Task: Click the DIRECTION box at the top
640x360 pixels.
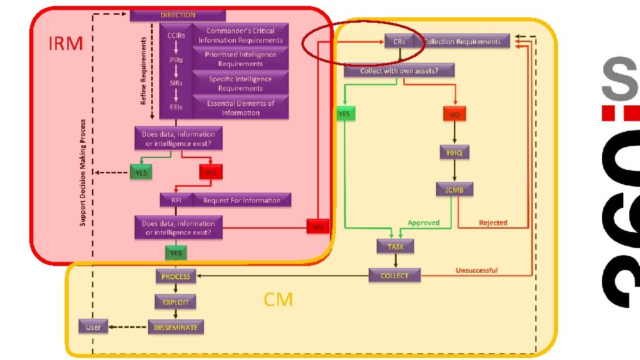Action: [178, 15]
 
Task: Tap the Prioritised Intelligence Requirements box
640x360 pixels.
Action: [240, 59]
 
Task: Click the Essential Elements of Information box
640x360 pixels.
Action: [240, 108]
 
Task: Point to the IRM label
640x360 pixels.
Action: [66, 44]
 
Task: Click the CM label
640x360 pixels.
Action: [278, 300]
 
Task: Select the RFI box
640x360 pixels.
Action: [176, 200]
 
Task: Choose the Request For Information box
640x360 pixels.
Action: [241, 200]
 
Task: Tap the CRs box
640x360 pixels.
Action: [399, 41]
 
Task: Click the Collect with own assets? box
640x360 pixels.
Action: [399, 70]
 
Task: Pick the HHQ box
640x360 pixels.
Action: [455, 153]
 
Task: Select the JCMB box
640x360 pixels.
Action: [455, 189]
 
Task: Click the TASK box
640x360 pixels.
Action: [395, 247]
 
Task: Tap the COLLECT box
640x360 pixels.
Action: [395, 275]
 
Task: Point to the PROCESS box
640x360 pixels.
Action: [176, 276]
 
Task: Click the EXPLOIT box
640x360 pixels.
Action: [176, 302]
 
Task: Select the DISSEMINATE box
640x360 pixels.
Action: [176, 327]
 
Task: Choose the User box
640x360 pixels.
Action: [93, 327]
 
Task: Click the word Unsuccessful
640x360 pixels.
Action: [477, 270]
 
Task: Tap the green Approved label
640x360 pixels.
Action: [423, 223]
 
